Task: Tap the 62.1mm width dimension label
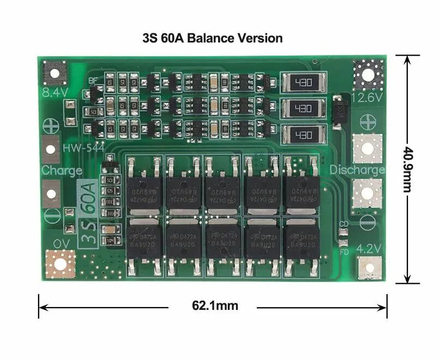[x=214, y=306]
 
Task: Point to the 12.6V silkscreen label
[x=368, y=97]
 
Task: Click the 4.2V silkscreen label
[x=368, y=249]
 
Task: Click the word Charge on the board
[x=62, y=170]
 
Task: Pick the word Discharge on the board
[x=358, y=170]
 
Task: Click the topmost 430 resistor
[x=303, y=83]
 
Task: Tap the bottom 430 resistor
[x=303, y=135]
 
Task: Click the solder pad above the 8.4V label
[x=55, y=72]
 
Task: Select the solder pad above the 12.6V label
[x=367, y=74]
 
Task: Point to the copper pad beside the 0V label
[x=59, y=264]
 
